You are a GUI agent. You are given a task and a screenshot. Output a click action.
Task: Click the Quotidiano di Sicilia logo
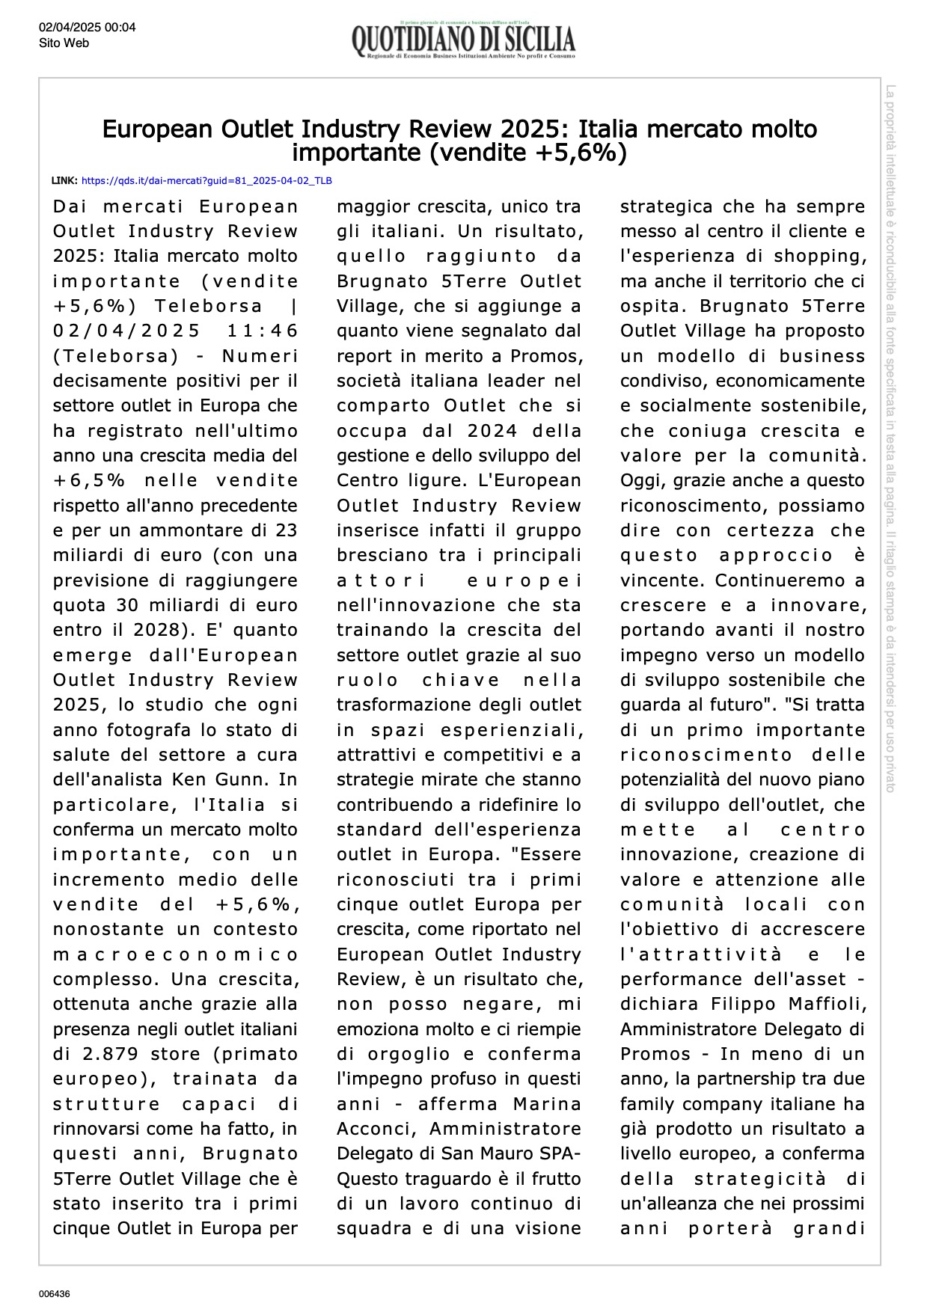[x=463, y=40]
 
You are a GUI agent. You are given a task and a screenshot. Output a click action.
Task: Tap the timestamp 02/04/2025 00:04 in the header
[x=88, y=28]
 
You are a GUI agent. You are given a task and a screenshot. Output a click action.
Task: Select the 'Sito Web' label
[x=64, y=43]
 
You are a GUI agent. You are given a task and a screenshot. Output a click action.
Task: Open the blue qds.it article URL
[x=206, y=181]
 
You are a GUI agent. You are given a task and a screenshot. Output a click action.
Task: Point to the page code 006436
[x=55, y=1293]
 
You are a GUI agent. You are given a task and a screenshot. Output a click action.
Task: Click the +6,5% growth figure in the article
[x=89, y=480]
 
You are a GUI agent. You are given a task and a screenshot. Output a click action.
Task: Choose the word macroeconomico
[x=175, y=954]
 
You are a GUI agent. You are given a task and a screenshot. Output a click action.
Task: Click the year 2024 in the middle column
[x=492, y=431]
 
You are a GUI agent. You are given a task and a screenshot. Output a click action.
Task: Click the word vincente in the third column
[x=664, y=580]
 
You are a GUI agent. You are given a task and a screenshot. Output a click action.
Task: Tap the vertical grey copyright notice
[x=890, y=438]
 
